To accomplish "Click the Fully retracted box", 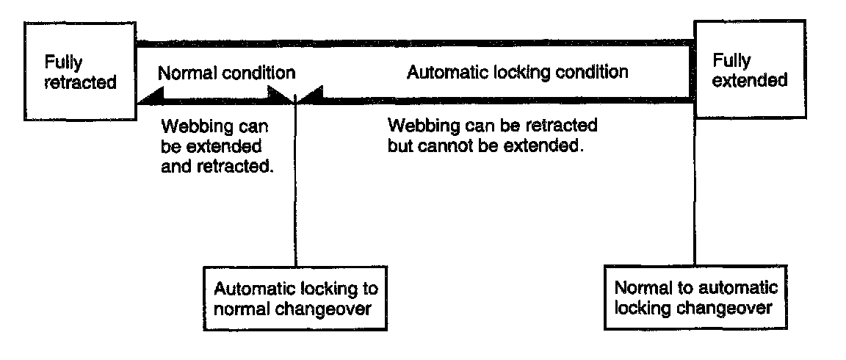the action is click(x=80, y=71).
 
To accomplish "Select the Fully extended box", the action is click(x=749, y=69).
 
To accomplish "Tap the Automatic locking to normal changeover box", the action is click(x=296, y=298).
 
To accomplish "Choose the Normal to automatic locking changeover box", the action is click(x=695, y=298).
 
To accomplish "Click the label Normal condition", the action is click(x=227, y=73).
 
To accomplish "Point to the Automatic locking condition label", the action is click(x=518, y=72).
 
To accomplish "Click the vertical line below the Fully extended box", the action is click(x=695, y=192).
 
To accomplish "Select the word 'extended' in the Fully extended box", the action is click(x=749, y=80).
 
